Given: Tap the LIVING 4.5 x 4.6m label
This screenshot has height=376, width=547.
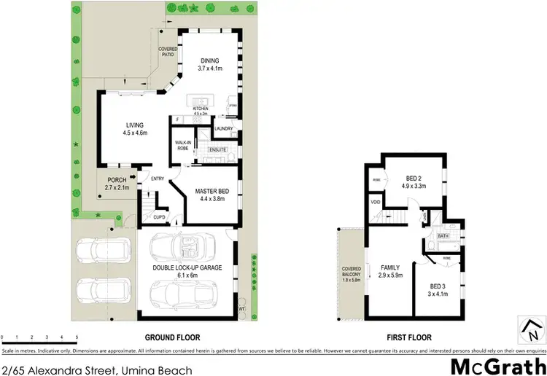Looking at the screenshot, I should coord(134,129).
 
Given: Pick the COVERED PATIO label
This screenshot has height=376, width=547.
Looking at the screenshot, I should coord(168,52).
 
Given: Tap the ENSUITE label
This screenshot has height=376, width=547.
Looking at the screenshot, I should coord(217,149).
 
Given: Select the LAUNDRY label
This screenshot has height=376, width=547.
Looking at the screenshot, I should coord(225,129).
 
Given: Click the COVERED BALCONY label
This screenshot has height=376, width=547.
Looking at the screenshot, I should coord(352,274).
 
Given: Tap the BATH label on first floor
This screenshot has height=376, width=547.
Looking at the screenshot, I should coord(443,236).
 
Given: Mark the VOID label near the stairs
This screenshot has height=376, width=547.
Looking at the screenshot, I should coord(376,202).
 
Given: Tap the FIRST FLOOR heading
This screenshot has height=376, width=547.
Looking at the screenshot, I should coord(408,337).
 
